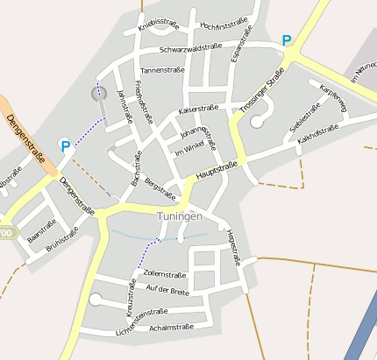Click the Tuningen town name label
[x=180, y=216]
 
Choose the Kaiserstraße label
[x=197, y=109]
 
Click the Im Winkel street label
[x=189, y=151]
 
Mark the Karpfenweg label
[x=334, y=98]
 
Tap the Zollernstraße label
[x=165, y=274]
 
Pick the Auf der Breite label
[x=167, y=290]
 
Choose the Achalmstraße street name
[x=171, y=327]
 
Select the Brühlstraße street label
[x=62, y=239]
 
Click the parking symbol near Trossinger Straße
[x=286, y=40]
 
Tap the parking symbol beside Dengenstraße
[x=64, y=146]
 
